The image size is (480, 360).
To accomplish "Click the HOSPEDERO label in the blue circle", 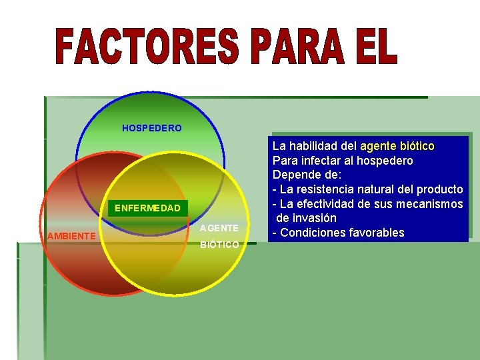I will click(x=151, y=128).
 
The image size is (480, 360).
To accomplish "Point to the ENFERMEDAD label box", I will click(x=147, y=208).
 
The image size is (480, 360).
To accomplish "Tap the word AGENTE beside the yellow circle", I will click(x=219, y=228).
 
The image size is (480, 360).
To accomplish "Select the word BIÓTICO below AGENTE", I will click(x=219, y=245).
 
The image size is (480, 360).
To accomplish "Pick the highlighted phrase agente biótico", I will click(x=397, y=145).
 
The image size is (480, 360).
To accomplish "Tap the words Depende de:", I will click(x=307, y=175).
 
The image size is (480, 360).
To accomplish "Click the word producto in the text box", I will click(x=439, y=189).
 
